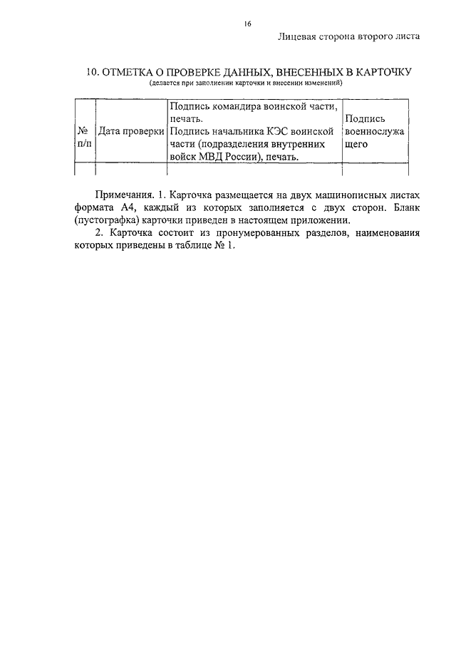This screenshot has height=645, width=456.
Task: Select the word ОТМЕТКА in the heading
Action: click(x=133, y=73)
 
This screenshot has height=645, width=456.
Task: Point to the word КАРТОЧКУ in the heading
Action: click(x=377, y=73)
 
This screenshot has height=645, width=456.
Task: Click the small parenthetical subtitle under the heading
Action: click(x=246, y=83)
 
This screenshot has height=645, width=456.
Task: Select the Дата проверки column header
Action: click(x=131, y=131)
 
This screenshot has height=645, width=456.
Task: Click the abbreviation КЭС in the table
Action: click(x=290, y=131)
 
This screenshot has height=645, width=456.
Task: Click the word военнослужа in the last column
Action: click(x=374, y=131)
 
